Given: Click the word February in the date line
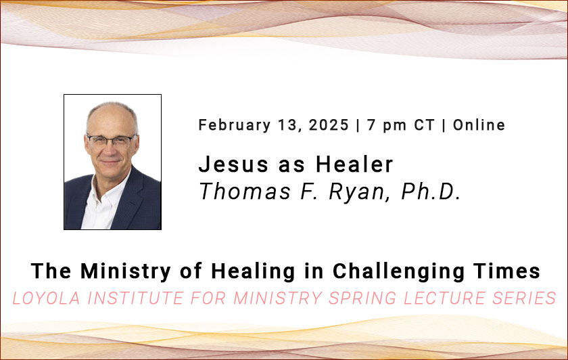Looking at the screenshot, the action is (235, 125).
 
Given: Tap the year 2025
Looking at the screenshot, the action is (329, 125).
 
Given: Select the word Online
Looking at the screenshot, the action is (479, 125).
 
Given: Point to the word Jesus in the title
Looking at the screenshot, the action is (234, 164).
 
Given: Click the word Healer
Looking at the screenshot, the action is (354, 164).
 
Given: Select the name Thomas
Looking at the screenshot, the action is (245, 191).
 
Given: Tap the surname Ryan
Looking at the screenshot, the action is (356, 192).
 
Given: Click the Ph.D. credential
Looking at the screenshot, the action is (431, 191).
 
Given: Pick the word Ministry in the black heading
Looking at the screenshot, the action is (126, 271).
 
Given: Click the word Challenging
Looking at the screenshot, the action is (398, 271).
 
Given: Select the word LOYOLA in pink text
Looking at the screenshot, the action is (46, 298).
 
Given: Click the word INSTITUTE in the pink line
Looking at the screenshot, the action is (135, 298).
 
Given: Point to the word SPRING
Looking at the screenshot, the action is (362, 298).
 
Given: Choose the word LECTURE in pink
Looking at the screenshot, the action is (444, 298).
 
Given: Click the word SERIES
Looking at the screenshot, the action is (524, 298).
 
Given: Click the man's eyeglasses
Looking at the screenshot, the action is (112, 141).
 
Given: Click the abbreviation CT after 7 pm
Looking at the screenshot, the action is (424, 125).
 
